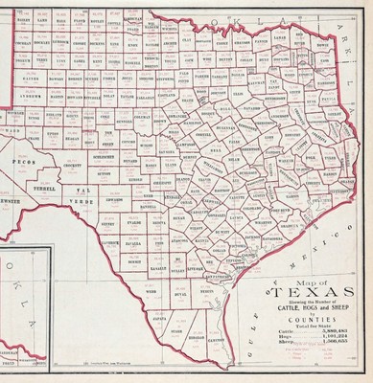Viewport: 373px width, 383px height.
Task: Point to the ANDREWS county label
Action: (28, 96)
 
